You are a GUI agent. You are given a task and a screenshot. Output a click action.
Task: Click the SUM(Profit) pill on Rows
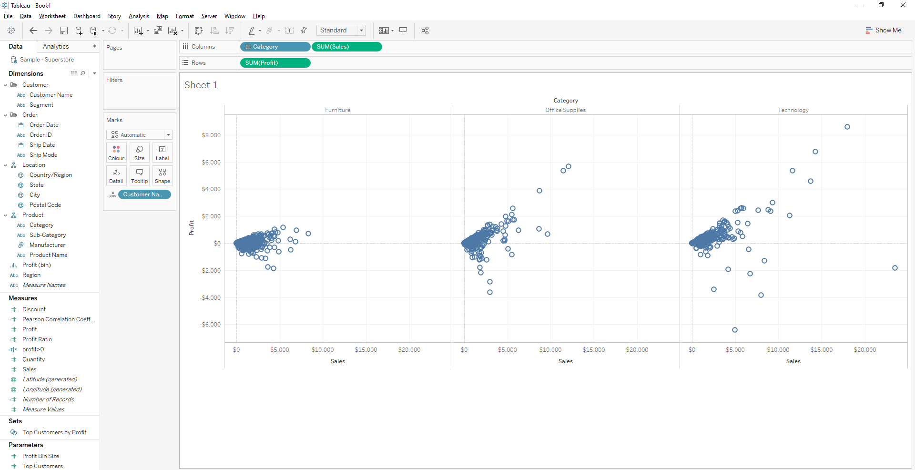pyautogui.click(x=275, y=63)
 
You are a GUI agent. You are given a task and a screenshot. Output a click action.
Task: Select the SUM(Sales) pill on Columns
pyautogui.click(x=346, y=47)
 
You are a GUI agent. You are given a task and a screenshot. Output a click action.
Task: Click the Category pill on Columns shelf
pyautogui.click(x=275, y=47)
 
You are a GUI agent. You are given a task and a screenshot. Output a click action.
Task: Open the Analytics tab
pyautogui.click(x=56, y=46)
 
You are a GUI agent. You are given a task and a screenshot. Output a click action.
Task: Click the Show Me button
pyautogui.click(x=884, y=30)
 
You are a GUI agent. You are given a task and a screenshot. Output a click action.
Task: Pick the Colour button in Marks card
pyautogui.click(x=116, y=153)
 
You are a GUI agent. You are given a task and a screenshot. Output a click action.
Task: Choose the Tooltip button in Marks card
pyautogui.click(x=140, y=175)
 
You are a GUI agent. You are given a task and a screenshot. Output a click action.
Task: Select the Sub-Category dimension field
pyautogui.click(x=48, y=235)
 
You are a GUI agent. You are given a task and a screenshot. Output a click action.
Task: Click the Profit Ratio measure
pyautogui.click(x=37, y=339)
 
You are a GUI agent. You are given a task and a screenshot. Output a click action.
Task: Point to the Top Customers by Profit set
pyautogui.click(x=54, y=432)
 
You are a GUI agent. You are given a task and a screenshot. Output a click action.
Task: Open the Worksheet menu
pyautogui.click(x=52, y=16)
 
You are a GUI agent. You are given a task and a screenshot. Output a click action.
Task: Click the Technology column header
pyautogui.click(x=793, y=110)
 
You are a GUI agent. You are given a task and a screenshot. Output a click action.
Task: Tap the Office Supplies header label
pyautogui.click(x=565, y=110)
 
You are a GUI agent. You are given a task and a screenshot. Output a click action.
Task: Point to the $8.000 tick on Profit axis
pyautogui.click(x=211, y=135)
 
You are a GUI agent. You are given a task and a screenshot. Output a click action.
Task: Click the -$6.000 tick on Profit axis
pyautogui.click(x=210, y=325)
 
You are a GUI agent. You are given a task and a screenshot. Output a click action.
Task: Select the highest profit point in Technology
pyautogui.click(x=847, y=127)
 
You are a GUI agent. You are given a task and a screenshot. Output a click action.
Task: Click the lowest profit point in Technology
pyautogui.click(x=735, y=330)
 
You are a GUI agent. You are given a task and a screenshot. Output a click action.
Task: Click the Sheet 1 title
pyautogui.click(x=201, y=85)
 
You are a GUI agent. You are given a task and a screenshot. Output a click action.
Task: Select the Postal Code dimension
pyautogui.click(x=45, y=205)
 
